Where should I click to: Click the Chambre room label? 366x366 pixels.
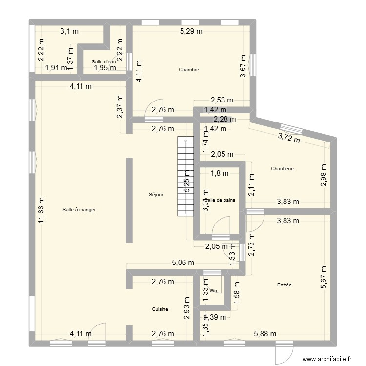click(x=189, y=70)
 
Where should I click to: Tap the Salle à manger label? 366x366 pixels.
click(x=79, y=209)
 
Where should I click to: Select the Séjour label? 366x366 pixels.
click(x=156, y=194)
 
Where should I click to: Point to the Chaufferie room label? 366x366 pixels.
click(x=283, y=169)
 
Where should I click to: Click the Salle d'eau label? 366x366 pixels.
click(x=104, y=61)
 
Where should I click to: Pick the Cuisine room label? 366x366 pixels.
click(x=160, y=309)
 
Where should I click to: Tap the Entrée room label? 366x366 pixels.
click(x=284, y=285)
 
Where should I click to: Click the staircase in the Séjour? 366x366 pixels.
click(x=184, y=176)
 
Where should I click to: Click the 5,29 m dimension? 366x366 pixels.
click(x=191, y=32)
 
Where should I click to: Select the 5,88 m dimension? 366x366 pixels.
click(x=265, y=334)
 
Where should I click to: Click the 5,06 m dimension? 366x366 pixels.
click(x=183, y=263)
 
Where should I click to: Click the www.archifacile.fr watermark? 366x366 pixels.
click(x=327, y=359)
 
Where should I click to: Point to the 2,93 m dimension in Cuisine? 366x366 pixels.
click(x=187, y=308)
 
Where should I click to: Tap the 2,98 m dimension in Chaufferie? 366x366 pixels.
click(x=324, y=175)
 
